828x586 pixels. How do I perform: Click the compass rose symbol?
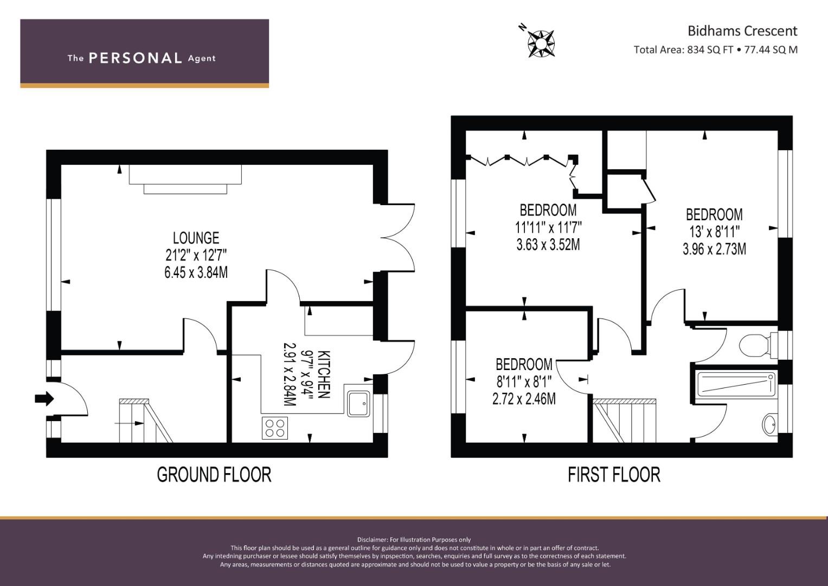(x=541, y=43)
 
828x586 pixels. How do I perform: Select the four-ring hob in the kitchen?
(x=275, y=428)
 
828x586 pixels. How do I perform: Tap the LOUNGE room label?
(x=196, y=238)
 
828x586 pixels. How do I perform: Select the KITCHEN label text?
(x=324, y=374)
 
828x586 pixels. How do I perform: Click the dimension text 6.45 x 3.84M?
(x=196, y=272)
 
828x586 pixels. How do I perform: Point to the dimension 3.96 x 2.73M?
(x=714, y=249)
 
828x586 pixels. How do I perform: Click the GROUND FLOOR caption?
(x=214, y=475)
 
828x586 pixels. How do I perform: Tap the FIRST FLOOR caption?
(x=614, y=475)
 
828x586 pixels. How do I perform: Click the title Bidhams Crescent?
(x=742, y=31)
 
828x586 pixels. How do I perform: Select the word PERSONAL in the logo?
(x=136, y=58)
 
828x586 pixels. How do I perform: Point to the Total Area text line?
(x=716, y=49)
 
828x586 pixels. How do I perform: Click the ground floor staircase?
(x=146, y=421)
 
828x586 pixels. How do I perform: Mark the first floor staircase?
(x=624, y=421)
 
